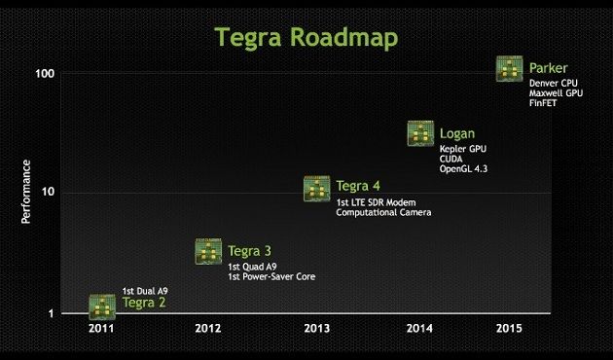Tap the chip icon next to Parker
[x=510, y=68]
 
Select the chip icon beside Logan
[x=420, y=133]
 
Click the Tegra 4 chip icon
[x=317, y=188]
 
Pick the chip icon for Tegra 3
[x=208, y=251]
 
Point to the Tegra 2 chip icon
[x=102, y=306]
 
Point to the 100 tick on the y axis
[x=44, y=74]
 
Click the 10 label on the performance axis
[x=47, y=192]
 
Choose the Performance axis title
[x=26, y=192]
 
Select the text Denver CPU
[x=556, y=84]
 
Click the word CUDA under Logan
[x=452, y=160]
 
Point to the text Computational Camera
[x=383, y=212]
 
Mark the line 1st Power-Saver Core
[x=271, y=276]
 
